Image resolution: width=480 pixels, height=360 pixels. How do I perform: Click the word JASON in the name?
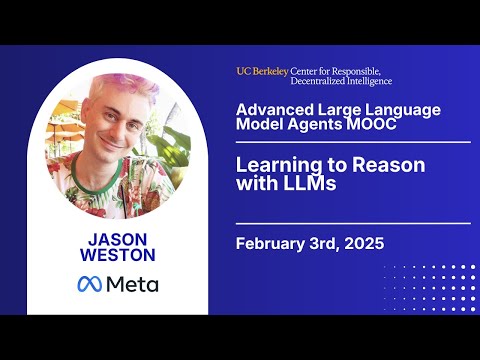[x=117, y=239]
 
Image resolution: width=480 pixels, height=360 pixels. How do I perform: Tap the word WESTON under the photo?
[x=117, y=257]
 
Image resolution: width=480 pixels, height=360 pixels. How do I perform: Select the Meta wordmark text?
[x=132, y=284]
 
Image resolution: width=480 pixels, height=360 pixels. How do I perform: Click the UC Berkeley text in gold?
[x=263, y=71]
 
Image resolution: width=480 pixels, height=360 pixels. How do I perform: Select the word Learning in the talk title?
[x=273, y=164]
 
